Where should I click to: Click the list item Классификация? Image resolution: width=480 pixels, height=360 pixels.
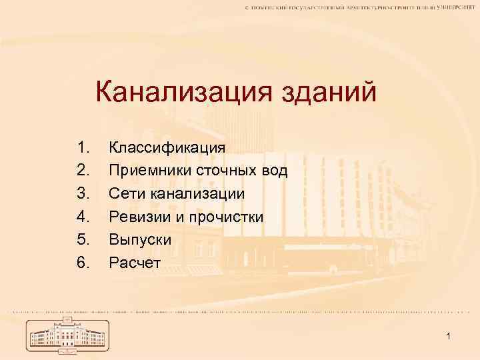coord(167,147)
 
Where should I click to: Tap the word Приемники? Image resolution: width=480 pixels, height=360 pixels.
coord(151,171)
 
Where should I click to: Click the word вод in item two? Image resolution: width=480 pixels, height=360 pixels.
coord(274,171)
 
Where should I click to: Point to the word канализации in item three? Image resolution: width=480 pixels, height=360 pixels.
coord(197,194)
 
